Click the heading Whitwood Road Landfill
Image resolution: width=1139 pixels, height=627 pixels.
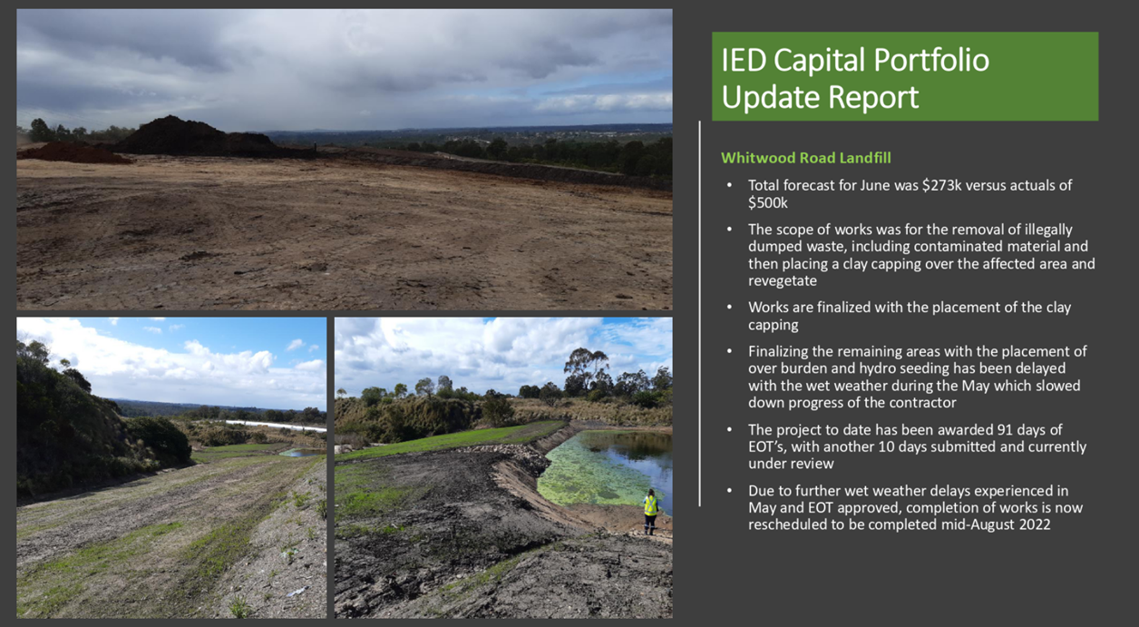(x=806, y=158)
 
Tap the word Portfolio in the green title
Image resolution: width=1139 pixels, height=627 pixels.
(x=931, y=60)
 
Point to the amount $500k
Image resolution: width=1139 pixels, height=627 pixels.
(x=768, y=203)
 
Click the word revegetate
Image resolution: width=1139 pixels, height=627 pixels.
(x=782, y=281)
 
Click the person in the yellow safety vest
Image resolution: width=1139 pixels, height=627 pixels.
(x=650, y=512)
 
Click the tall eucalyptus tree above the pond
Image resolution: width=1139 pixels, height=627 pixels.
(x=586, y=369)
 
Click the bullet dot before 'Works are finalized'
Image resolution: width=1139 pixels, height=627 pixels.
(x=730, y=308)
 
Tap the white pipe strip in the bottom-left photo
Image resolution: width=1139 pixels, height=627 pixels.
(x=275, y=426)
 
